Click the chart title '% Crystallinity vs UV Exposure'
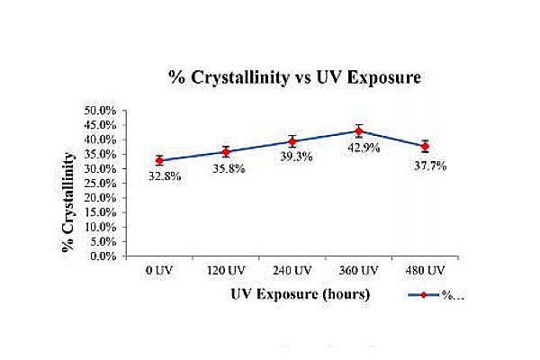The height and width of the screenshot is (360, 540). point(294,78)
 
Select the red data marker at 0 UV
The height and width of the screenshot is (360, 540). point(159,160)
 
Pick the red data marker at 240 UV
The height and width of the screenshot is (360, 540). point(292,141)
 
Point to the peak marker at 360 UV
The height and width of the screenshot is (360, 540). point(358,131)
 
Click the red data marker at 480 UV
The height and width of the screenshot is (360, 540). point(425,146)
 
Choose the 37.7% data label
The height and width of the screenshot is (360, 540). point(431,166)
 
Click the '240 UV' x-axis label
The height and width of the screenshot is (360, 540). point(292,270)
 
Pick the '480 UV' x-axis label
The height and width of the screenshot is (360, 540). point(425,270)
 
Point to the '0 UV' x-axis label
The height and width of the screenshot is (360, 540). point(159,270)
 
